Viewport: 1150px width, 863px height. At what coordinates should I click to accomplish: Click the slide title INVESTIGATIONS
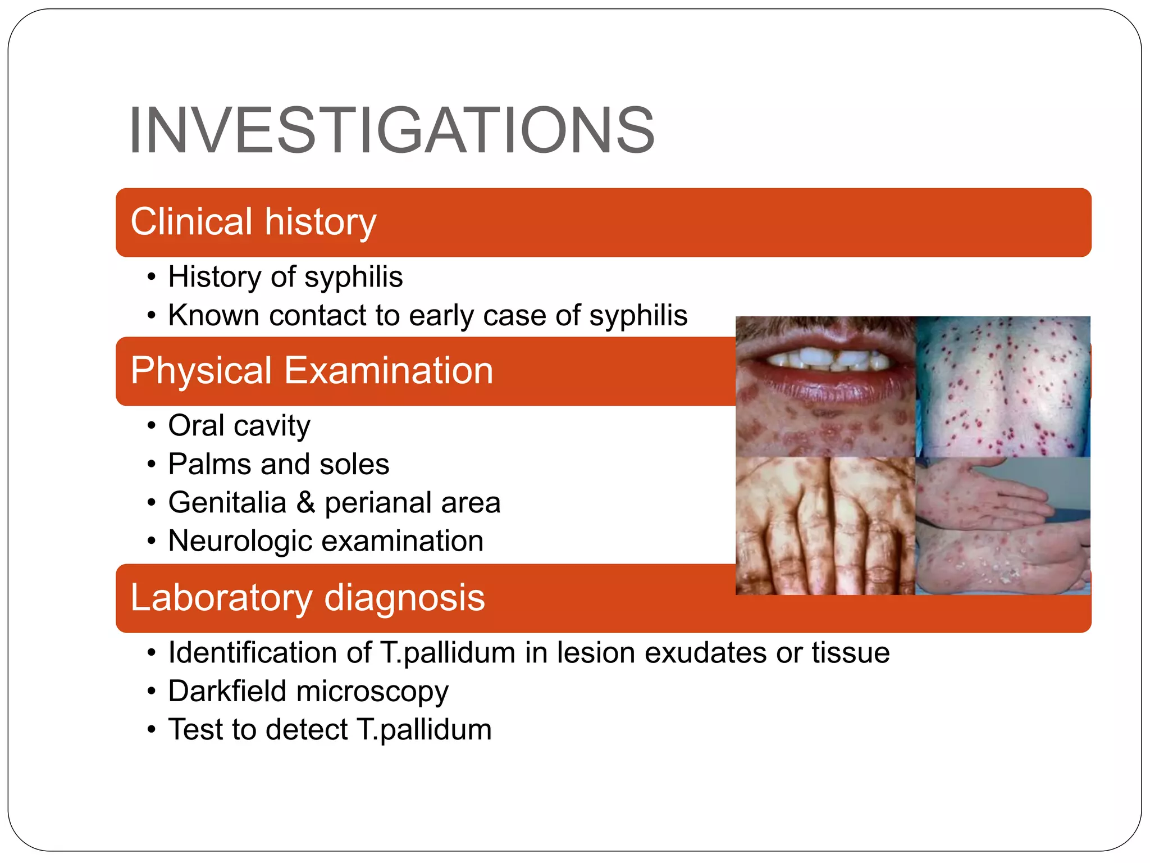(x=391, y=130)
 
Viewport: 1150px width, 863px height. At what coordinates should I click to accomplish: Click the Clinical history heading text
(x=253, y=221)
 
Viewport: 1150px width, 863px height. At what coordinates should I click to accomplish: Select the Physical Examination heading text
(x=312, y=370)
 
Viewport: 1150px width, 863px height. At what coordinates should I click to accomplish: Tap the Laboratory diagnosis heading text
(x=307, y=597)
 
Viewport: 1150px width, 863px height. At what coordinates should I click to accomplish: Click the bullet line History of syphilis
(x=285, y=277)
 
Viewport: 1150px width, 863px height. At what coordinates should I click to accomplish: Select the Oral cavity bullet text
(x=239, y=425)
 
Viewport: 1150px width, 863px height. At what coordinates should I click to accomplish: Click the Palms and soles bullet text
(x=279, y=464)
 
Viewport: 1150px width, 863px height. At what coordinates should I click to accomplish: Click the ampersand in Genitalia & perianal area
(x=305, y=502)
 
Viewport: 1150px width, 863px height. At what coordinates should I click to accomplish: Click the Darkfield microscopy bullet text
(x=308, y=691)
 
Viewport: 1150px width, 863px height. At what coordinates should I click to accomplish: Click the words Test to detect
(x=258, y=729)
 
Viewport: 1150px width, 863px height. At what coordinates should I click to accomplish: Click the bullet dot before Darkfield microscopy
(x=150, y=692)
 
